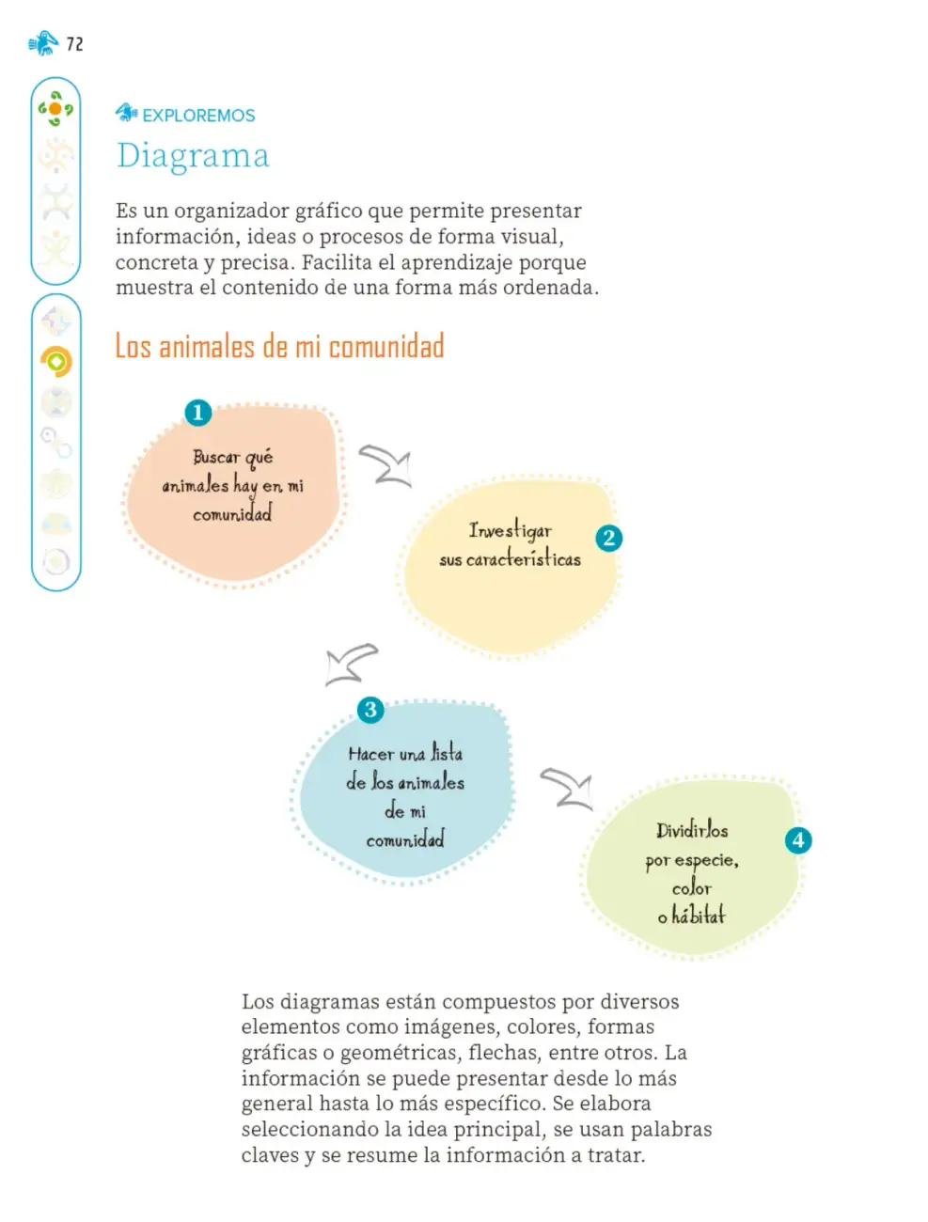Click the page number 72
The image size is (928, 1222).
click(74, 43)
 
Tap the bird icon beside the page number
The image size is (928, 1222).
click(43, 43)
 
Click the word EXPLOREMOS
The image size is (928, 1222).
click(198, 116)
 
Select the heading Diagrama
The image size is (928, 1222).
click(193, 155)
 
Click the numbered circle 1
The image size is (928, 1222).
click(197, 413)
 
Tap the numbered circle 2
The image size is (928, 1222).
click(608, 538)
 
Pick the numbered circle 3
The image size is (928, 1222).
click(370, 710)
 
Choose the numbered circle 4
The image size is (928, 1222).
click(797, 840)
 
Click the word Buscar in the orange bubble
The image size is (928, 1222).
click(216, 457)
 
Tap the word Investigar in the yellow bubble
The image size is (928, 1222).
click(510, 530)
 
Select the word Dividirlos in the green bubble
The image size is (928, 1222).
click(692, 830)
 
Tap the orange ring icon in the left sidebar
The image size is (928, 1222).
click(56, 362)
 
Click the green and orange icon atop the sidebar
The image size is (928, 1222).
click(55, 108)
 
